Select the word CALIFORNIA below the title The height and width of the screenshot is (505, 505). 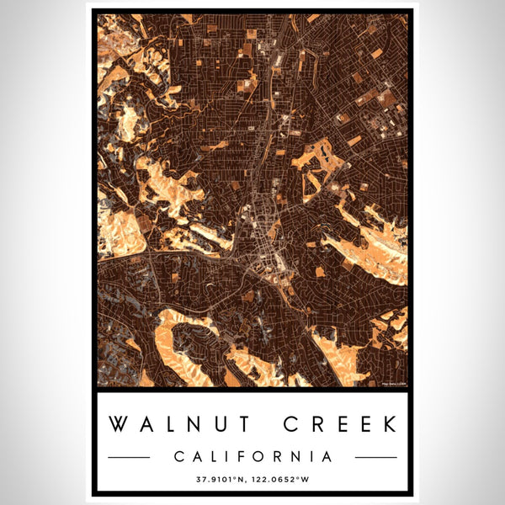pos(252,457)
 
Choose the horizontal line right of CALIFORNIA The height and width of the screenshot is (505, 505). pos(375,457)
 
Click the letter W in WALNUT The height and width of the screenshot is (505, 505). pos(120,423)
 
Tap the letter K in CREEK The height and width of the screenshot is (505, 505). pos(388,423)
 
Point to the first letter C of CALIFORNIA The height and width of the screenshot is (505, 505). pos(180,457)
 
